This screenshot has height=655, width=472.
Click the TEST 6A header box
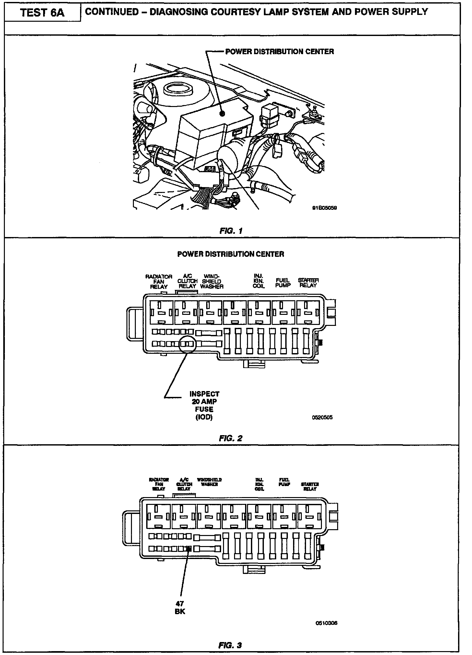coord(42,13)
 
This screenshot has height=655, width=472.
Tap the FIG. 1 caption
coord(231,231)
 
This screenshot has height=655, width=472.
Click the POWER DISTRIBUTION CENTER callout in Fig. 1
coord(279,52)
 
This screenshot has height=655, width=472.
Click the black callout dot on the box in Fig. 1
coord(222,113)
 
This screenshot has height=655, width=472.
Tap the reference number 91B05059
coord(324,208)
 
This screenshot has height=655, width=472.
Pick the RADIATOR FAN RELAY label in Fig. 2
coord(159,281)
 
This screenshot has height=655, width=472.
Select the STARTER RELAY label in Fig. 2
coord(308,282)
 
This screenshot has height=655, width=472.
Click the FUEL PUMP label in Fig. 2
coord(283,282)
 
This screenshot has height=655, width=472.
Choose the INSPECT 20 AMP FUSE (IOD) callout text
coord(205,405)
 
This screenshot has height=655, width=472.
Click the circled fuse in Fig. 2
coord(187,344)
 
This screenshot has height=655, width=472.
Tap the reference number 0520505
coord(322,417)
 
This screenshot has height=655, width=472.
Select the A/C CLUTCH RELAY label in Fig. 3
coord(184,484)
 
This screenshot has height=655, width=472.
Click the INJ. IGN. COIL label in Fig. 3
coord(259,484)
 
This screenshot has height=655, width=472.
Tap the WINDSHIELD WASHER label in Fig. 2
coord(212,281)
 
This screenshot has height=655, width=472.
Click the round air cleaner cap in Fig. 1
coord(178,89)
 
